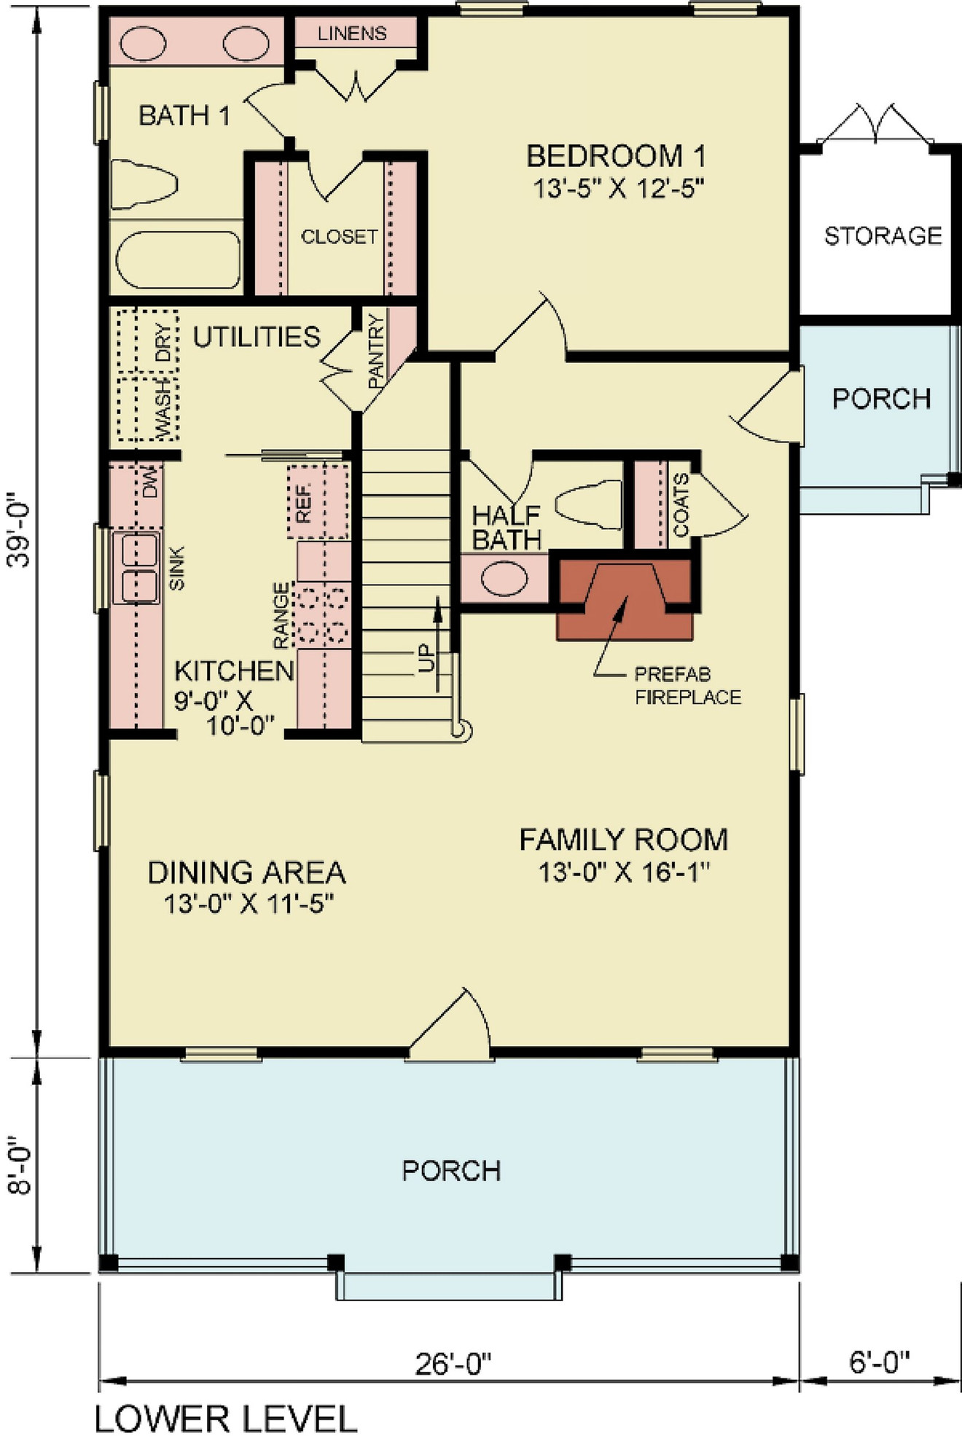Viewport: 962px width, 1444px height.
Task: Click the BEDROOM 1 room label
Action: [616, 157]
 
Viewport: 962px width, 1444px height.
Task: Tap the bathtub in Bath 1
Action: [179, 260]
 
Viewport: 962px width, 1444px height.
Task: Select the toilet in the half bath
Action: [587, 502]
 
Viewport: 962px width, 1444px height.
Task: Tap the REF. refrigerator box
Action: [318, 502]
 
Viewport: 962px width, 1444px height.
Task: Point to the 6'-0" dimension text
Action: [880, 1360]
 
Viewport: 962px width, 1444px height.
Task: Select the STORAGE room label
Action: [883, 235]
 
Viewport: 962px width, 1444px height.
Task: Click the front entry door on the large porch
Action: [450, 1028]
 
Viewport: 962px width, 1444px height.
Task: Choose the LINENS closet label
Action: [352, 34]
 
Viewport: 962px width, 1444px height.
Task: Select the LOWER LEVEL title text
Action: [226, 1419]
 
